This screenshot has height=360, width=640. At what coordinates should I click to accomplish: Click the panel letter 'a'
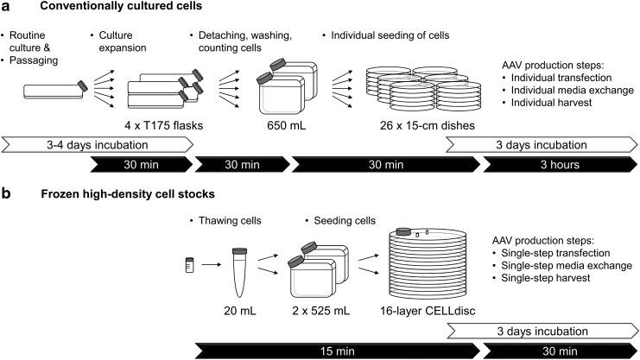6,9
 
